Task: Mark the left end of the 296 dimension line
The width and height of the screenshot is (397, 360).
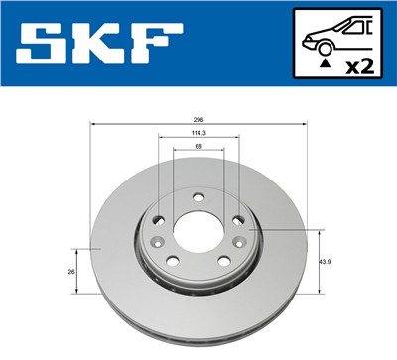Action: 91,127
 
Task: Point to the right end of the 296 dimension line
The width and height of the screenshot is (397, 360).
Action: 305,127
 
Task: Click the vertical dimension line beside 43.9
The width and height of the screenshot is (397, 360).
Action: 319,262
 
